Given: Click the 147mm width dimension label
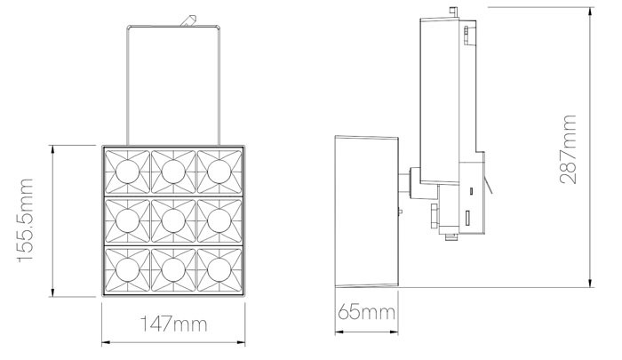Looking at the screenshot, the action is coord(174,324).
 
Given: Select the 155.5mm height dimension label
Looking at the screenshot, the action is coord(26,220).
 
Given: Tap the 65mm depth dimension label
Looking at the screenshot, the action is coord(366,312).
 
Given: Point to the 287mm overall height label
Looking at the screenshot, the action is coord(568,149).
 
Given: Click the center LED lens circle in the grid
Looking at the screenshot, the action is coord(173,220).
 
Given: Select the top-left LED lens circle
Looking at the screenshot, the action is coord(127,172).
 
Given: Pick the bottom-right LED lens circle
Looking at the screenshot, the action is coord(219,270).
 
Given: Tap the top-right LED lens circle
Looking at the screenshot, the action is coord(219,172).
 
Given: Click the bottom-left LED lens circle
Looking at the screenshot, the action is coord(127,270).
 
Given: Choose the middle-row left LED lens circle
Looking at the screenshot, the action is coord(127,220).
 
